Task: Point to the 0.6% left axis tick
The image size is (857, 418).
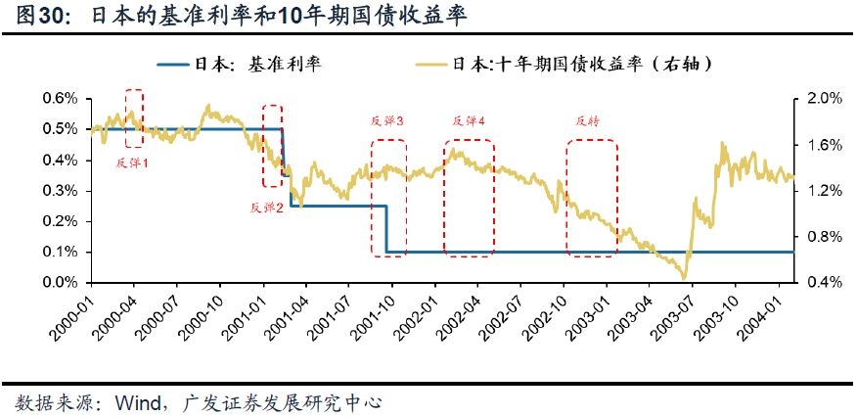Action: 60,99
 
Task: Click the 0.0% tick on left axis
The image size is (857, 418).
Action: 60,283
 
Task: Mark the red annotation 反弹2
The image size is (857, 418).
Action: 266,208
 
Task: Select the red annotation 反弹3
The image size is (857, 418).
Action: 387,121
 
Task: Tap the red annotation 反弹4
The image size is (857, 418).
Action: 469,121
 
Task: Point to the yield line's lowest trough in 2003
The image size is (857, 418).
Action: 685,278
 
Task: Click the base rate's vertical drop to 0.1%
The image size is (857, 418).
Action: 387,229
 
